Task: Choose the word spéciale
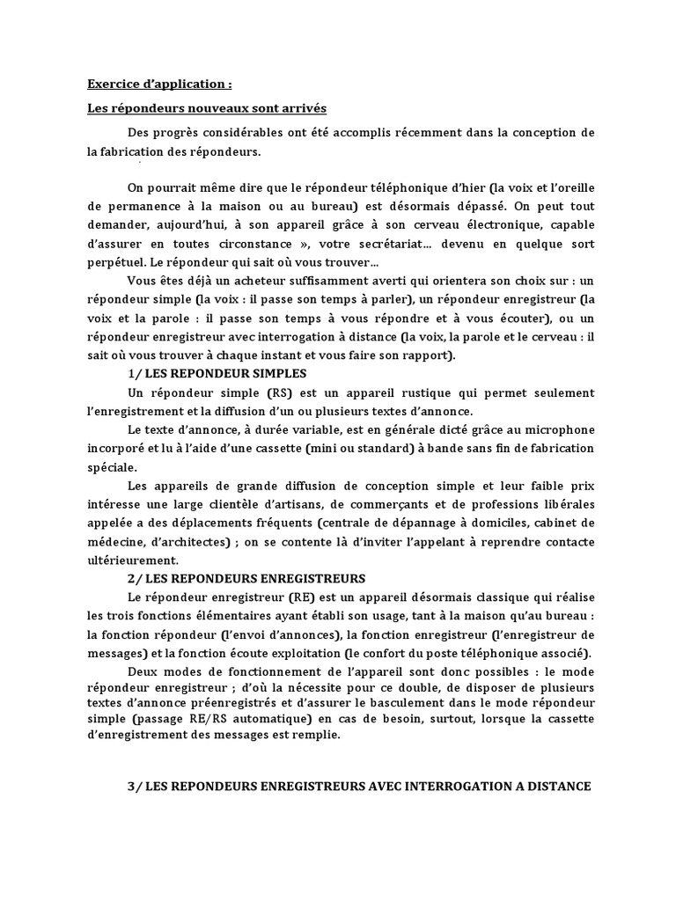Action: (x=112, y=466)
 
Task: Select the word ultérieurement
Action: (x=132, y=560)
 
